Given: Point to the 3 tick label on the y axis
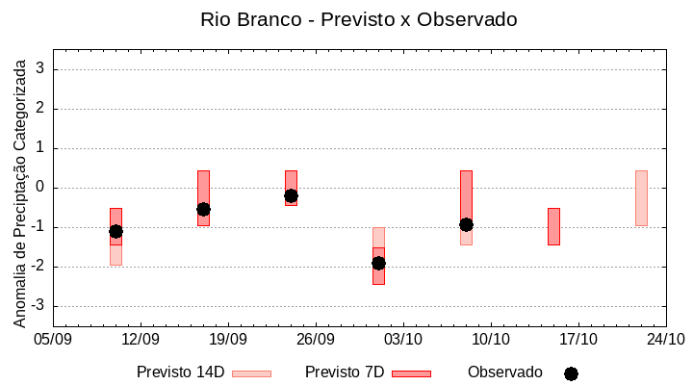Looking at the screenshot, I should (41, 69).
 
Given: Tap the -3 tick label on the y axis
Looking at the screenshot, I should (38, 306).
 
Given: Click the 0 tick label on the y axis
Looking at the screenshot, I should (41, 188).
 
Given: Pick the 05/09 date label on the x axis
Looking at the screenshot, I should (53, 339).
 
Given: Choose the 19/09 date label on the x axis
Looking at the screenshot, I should (228, 339).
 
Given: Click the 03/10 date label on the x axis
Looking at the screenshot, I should (403, 339).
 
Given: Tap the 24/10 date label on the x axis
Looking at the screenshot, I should (666, 339).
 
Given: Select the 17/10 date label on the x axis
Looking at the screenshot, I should (578, 339).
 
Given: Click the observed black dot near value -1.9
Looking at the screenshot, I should (378, 263).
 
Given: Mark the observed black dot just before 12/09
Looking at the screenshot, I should (115, 231).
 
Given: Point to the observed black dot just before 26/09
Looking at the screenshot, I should (291, 195).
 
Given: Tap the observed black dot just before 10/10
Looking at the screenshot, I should (466, 224).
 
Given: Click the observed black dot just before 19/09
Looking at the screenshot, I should (203, 209).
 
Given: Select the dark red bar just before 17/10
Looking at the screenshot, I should (553, 226).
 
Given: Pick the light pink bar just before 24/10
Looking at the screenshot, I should (641, 197).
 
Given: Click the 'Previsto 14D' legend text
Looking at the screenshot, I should (180, 372).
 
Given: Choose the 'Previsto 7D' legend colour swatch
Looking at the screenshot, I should (411, 373).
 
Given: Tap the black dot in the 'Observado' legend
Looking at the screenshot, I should (571, 373).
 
